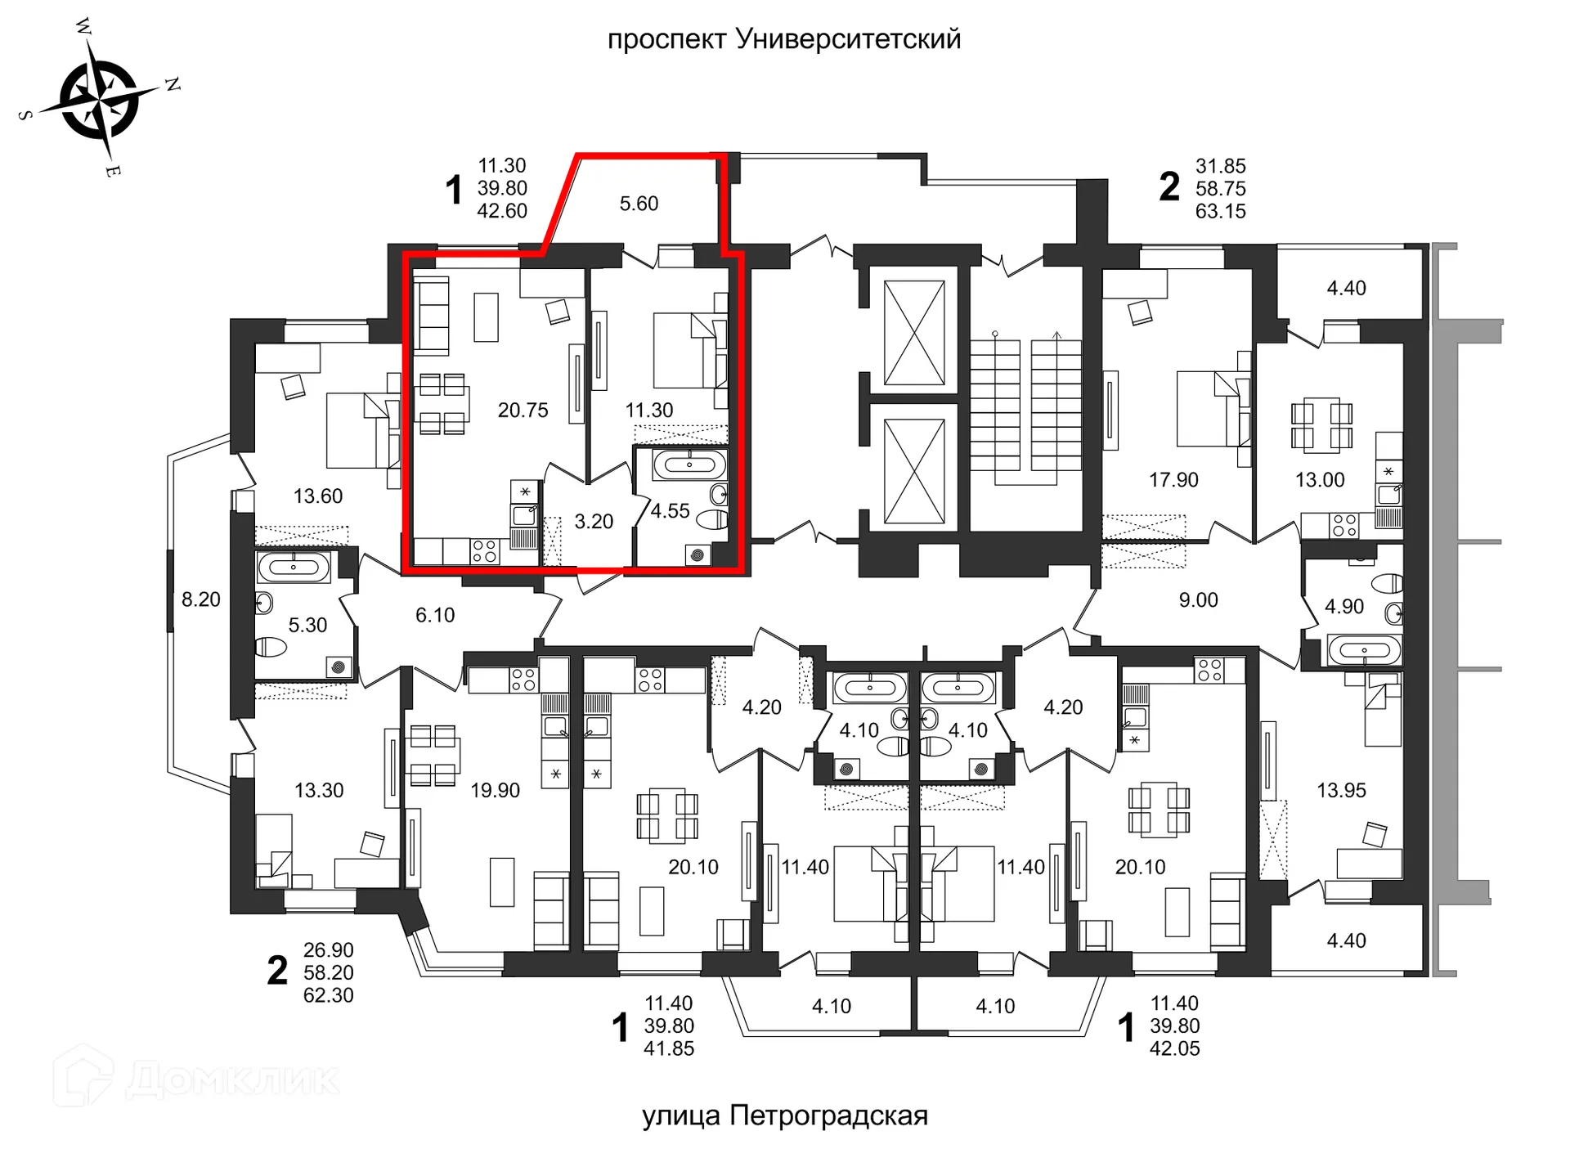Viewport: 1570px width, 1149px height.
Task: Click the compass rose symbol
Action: [100, 100]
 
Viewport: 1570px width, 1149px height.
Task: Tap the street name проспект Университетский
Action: [783, 39]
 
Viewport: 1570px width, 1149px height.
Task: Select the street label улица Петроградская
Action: [784, 1115]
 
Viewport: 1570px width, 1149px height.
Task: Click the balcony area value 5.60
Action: [639, 204]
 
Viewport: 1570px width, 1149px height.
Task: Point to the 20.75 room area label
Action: [523, 411]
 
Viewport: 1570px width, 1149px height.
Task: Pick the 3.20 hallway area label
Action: [594, 522]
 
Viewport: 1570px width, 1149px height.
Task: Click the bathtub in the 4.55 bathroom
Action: [689, 465]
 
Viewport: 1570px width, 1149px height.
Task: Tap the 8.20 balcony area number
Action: [201, 600]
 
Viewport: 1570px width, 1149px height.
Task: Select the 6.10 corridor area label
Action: [435, 615]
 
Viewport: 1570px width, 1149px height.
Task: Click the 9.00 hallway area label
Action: [1198, 600]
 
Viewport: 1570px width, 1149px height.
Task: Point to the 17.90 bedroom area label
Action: [1173, 480]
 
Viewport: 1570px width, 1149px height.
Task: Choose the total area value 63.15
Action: [1220, 212]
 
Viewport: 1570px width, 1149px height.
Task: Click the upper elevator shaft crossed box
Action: [914, 332]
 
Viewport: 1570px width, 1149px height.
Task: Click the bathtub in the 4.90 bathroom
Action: [1364, 651]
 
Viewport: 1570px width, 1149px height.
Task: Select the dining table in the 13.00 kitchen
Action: [1321, 424]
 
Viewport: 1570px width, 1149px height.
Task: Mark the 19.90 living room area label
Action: [495, 791]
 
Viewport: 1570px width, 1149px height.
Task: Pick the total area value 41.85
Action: [669, 1049]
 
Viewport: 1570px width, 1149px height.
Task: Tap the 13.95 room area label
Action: [1341, 791]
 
